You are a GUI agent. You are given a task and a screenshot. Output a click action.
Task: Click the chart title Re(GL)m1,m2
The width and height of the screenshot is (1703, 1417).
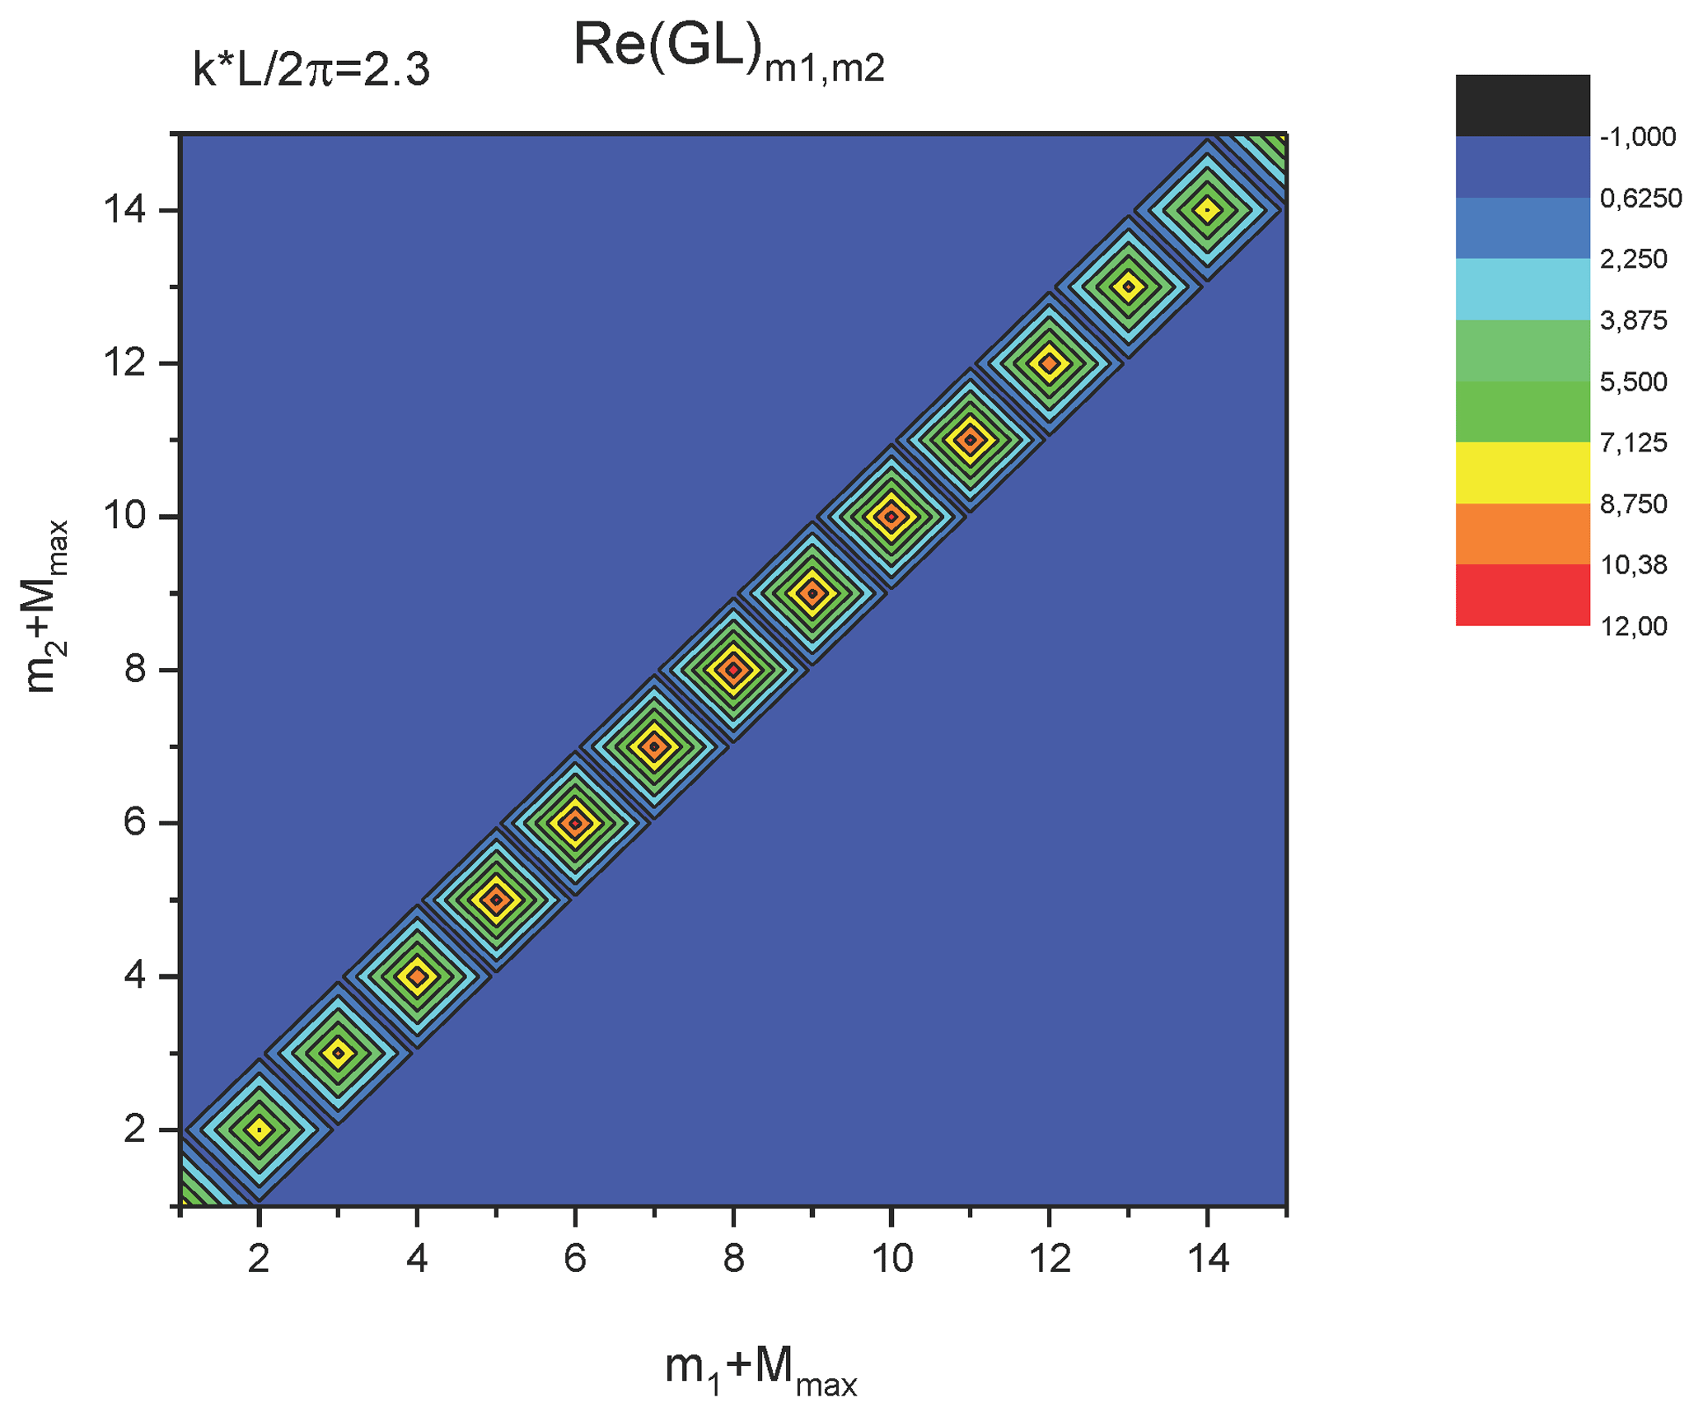click(728, 51)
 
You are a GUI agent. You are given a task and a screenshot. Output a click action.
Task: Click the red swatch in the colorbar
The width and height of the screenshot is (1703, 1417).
click(1522, 595)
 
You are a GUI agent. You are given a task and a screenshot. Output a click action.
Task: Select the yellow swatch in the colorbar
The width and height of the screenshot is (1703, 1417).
click(1522, 472)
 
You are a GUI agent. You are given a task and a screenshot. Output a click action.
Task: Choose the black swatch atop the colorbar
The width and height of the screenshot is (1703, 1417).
click(1522, 105)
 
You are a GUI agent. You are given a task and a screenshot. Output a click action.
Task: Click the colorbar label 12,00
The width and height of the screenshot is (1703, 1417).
click(1633, 626)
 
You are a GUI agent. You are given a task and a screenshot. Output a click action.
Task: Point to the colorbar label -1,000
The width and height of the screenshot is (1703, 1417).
click(1637, 137)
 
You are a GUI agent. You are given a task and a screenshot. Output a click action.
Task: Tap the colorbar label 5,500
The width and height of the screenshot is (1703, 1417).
click(1633, 381)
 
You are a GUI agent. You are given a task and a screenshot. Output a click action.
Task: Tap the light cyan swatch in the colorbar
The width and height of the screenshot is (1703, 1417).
click(1522, 288)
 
